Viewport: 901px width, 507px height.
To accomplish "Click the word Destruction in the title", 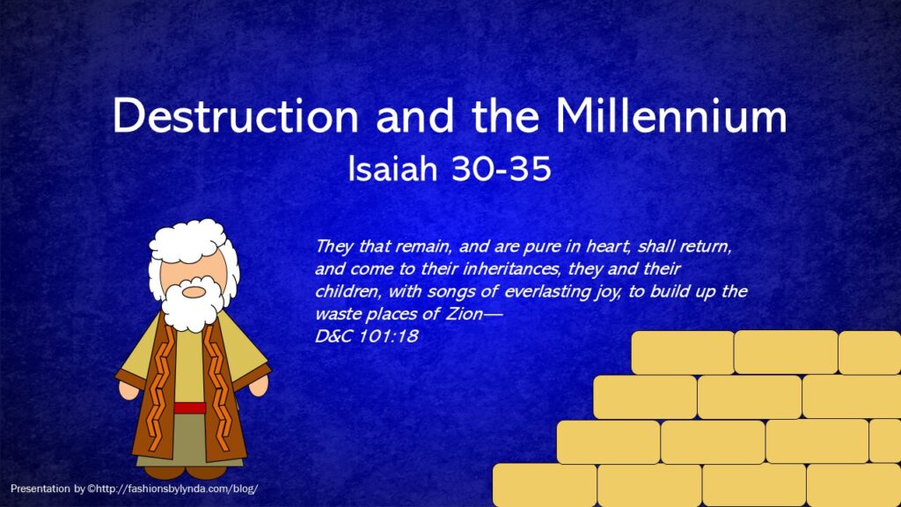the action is (236, 116).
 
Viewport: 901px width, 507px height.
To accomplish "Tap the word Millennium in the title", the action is (670, 116).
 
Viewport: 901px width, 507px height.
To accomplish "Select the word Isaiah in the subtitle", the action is (393, 168).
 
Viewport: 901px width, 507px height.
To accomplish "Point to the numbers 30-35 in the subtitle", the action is (501, 169).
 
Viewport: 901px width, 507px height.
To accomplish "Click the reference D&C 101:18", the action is (367, 336).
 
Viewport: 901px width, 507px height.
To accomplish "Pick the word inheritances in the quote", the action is (511, 268).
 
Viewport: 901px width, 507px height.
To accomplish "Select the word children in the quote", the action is (347, 291).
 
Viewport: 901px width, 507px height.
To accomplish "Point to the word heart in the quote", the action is (608, 246).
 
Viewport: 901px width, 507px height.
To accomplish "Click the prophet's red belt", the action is (190, 408).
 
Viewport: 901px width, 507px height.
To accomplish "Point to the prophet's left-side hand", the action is (128, 391).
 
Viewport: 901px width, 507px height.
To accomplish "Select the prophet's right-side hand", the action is (258, 386).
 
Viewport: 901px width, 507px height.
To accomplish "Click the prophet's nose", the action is (194, 292).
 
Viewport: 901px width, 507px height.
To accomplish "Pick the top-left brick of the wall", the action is (682, 353).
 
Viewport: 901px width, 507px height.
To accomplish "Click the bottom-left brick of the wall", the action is (545, 486).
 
